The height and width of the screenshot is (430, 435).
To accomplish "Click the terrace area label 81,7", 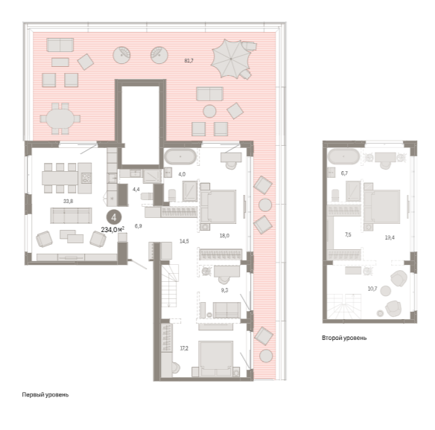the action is [x=188, y=61].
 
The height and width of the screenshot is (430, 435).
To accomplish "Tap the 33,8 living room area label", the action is [x=68, y=201].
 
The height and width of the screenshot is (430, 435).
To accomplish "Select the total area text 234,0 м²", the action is [x=112, y=230].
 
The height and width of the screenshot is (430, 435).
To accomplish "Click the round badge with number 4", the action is [x=114, y=217].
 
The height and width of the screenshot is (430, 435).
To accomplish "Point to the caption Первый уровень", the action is [x=45, y=394].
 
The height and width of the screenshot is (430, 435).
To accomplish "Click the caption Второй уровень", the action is [x=344, y=338].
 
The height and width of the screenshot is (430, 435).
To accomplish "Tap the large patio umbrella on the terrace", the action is [x=231, y=59].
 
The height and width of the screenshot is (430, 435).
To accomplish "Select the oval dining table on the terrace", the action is [x=60, y=119].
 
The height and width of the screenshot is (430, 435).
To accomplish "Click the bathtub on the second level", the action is [x=343, y=156].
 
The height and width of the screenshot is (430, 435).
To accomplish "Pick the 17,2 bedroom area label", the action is [x=184, y=348].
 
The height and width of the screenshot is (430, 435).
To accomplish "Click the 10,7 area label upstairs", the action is [x=372, y=289].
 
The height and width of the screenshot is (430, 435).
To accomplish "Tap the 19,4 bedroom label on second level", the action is [x=390, y=237].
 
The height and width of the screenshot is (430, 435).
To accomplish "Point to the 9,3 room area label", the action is [x=224, y=290].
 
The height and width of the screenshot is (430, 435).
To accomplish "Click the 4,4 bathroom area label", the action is [x=136, y=190].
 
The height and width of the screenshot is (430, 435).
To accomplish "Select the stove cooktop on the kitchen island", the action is [x=86, y=178].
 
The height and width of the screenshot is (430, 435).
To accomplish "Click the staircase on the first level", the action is [x=170, y=286].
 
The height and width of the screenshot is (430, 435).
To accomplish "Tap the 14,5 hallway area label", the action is [x=184, y=241].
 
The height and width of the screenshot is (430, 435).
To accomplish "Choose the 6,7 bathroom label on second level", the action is [x=344, y=173].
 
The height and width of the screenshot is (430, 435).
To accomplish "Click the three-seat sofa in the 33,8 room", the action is [x=71, y=216].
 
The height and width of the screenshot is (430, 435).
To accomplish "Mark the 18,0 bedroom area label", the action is [x=224, y=236].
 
